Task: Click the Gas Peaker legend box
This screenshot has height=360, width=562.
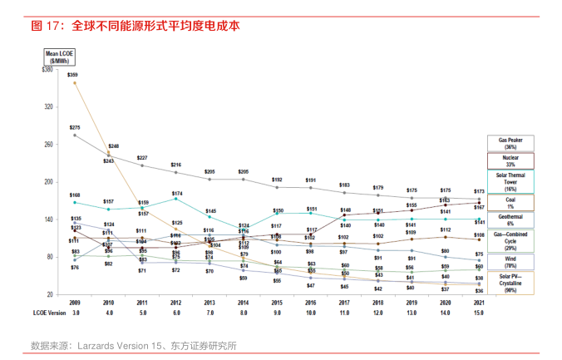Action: coord(510,143)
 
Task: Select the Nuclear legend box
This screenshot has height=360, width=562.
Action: coord(510,161)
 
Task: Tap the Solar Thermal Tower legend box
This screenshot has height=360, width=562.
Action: coord(510,182)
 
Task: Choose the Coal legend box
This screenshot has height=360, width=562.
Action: coord(510,203)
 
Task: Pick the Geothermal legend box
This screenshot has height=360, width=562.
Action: coord(510,219)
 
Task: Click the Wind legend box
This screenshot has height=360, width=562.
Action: coord(510,262)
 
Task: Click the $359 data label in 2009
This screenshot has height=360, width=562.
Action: coord(73,75)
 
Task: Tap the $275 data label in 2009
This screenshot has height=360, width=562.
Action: coord(74,127)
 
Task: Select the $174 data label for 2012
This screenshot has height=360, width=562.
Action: coord(176,194)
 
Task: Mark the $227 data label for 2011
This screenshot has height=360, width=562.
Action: coord(142,158)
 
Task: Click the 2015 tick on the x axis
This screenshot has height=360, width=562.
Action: coord(278,304)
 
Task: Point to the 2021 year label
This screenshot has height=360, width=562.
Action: coord(480,304)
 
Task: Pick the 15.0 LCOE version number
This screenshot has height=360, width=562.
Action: coord(480,313)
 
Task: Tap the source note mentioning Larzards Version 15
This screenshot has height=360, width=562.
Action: coord(133,345)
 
